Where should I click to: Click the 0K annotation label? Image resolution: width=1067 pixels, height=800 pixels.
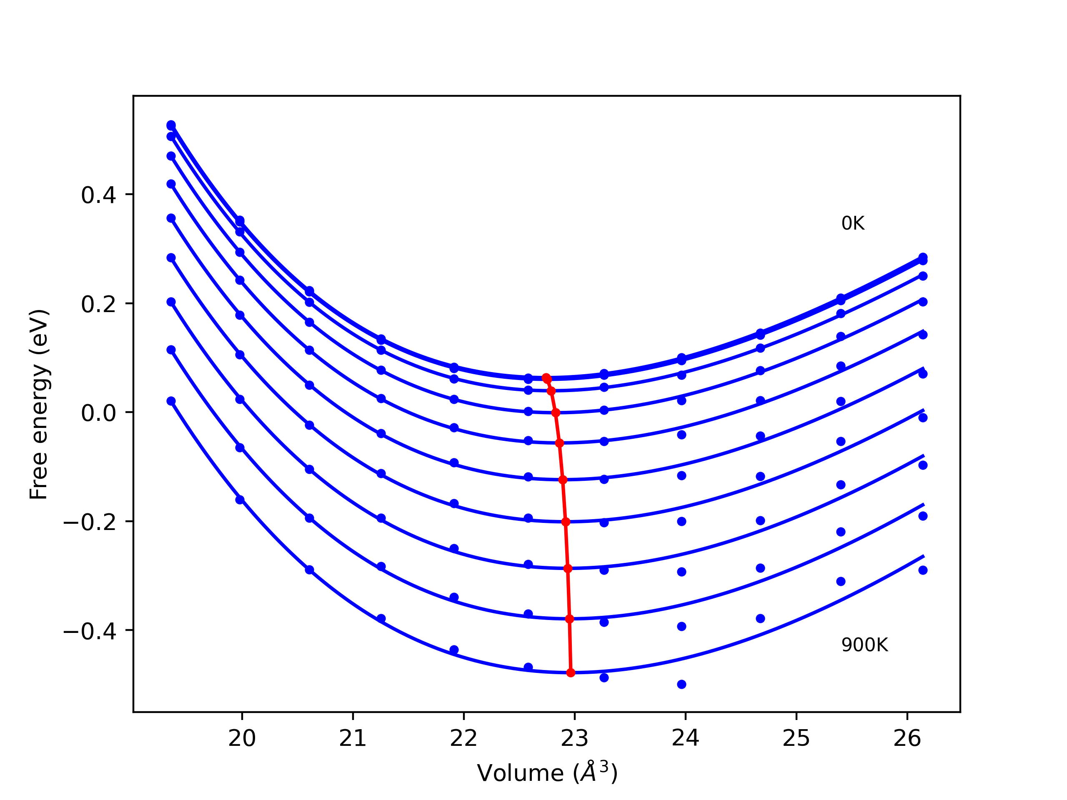852,223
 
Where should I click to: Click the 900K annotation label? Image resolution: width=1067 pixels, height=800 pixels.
864,645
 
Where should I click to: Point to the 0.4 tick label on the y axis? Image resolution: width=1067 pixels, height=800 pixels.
98,195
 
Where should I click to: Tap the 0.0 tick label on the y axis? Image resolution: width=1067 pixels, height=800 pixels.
98,413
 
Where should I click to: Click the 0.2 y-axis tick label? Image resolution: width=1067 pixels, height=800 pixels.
98,304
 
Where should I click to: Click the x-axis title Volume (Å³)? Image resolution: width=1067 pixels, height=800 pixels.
547,773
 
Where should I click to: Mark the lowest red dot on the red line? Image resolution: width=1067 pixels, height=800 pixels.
571,672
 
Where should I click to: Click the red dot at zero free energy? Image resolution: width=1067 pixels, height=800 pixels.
555,413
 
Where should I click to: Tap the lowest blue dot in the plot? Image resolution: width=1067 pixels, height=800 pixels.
681,684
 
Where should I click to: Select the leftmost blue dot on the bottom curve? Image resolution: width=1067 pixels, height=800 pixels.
171,401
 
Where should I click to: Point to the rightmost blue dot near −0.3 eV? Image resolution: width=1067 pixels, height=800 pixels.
923,570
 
